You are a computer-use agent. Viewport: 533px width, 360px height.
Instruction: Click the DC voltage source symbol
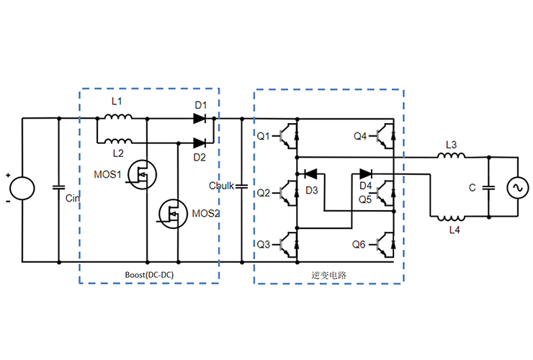[22, 189]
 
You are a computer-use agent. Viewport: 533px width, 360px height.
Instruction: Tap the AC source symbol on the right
[517, 188]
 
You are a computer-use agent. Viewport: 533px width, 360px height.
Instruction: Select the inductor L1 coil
[118, 118]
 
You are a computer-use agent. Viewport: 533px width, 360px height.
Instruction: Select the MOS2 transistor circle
[173, 213]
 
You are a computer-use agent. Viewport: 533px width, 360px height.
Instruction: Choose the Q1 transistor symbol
[290, 135]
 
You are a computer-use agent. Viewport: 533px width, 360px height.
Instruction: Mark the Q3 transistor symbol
[290, 244]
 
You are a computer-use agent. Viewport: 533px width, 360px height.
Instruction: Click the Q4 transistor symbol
[384, 135]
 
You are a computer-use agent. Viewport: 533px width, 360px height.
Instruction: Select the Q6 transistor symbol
[384, 244]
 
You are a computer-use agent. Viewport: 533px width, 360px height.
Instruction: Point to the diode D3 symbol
[310, 174]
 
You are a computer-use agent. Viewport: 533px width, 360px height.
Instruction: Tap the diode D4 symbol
[365, 174]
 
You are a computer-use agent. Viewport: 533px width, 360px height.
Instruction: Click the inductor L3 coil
[452, 156]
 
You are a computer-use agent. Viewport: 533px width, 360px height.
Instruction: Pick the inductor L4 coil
[452, 216]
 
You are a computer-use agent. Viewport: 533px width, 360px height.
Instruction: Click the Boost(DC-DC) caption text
[148, 274]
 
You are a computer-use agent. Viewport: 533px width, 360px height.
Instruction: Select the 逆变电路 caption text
[328, 275]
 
